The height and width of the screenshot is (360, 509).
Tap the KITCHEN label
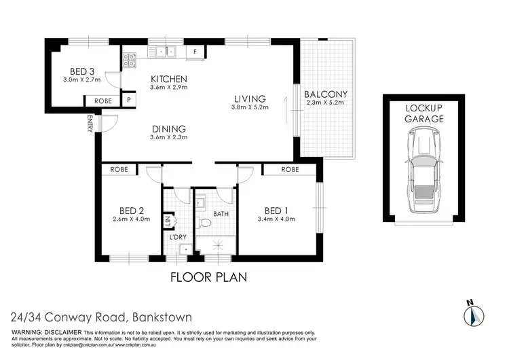pos(168,78)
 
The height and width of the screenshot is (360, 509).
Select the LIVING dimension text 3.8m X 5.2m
pos(250,107)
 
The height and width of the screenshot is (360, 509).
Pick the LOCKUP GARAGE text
pos(425,113)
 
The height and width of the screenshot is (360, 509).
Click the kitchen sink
pos(166,50)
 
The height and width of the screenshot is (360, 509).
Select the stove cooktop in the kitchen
pos(129,60)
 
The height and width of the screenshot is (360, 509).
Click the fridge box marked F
pos(195,51)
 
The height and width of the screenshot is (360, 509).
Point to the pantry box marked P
pos(128,101)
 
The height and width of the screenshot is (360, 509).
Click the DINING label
pos(168,129)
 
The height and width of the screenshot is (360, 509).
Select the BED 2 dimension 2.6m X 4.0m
pos(132,219)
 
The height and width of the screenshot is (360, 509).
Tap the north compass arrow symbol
pos(473,314)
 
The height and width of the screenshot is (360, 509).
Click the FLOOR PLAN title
pos(207,277)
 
